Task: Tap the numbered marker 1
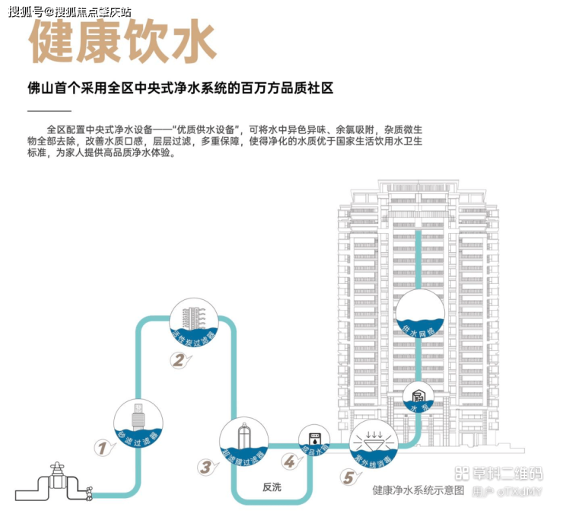coord(100,447)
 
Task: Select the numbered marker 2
coord(177,362)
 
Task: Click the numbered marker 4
coord(289,461)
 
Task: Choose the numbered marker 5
coord(348,477)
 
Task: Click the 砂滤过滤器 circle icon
coord(138,423)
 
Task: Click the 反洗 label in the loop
coord(272,487)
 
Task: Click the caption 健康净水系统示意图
coord(418,491)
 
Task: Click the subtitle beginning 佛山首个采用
coord(180,88)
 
